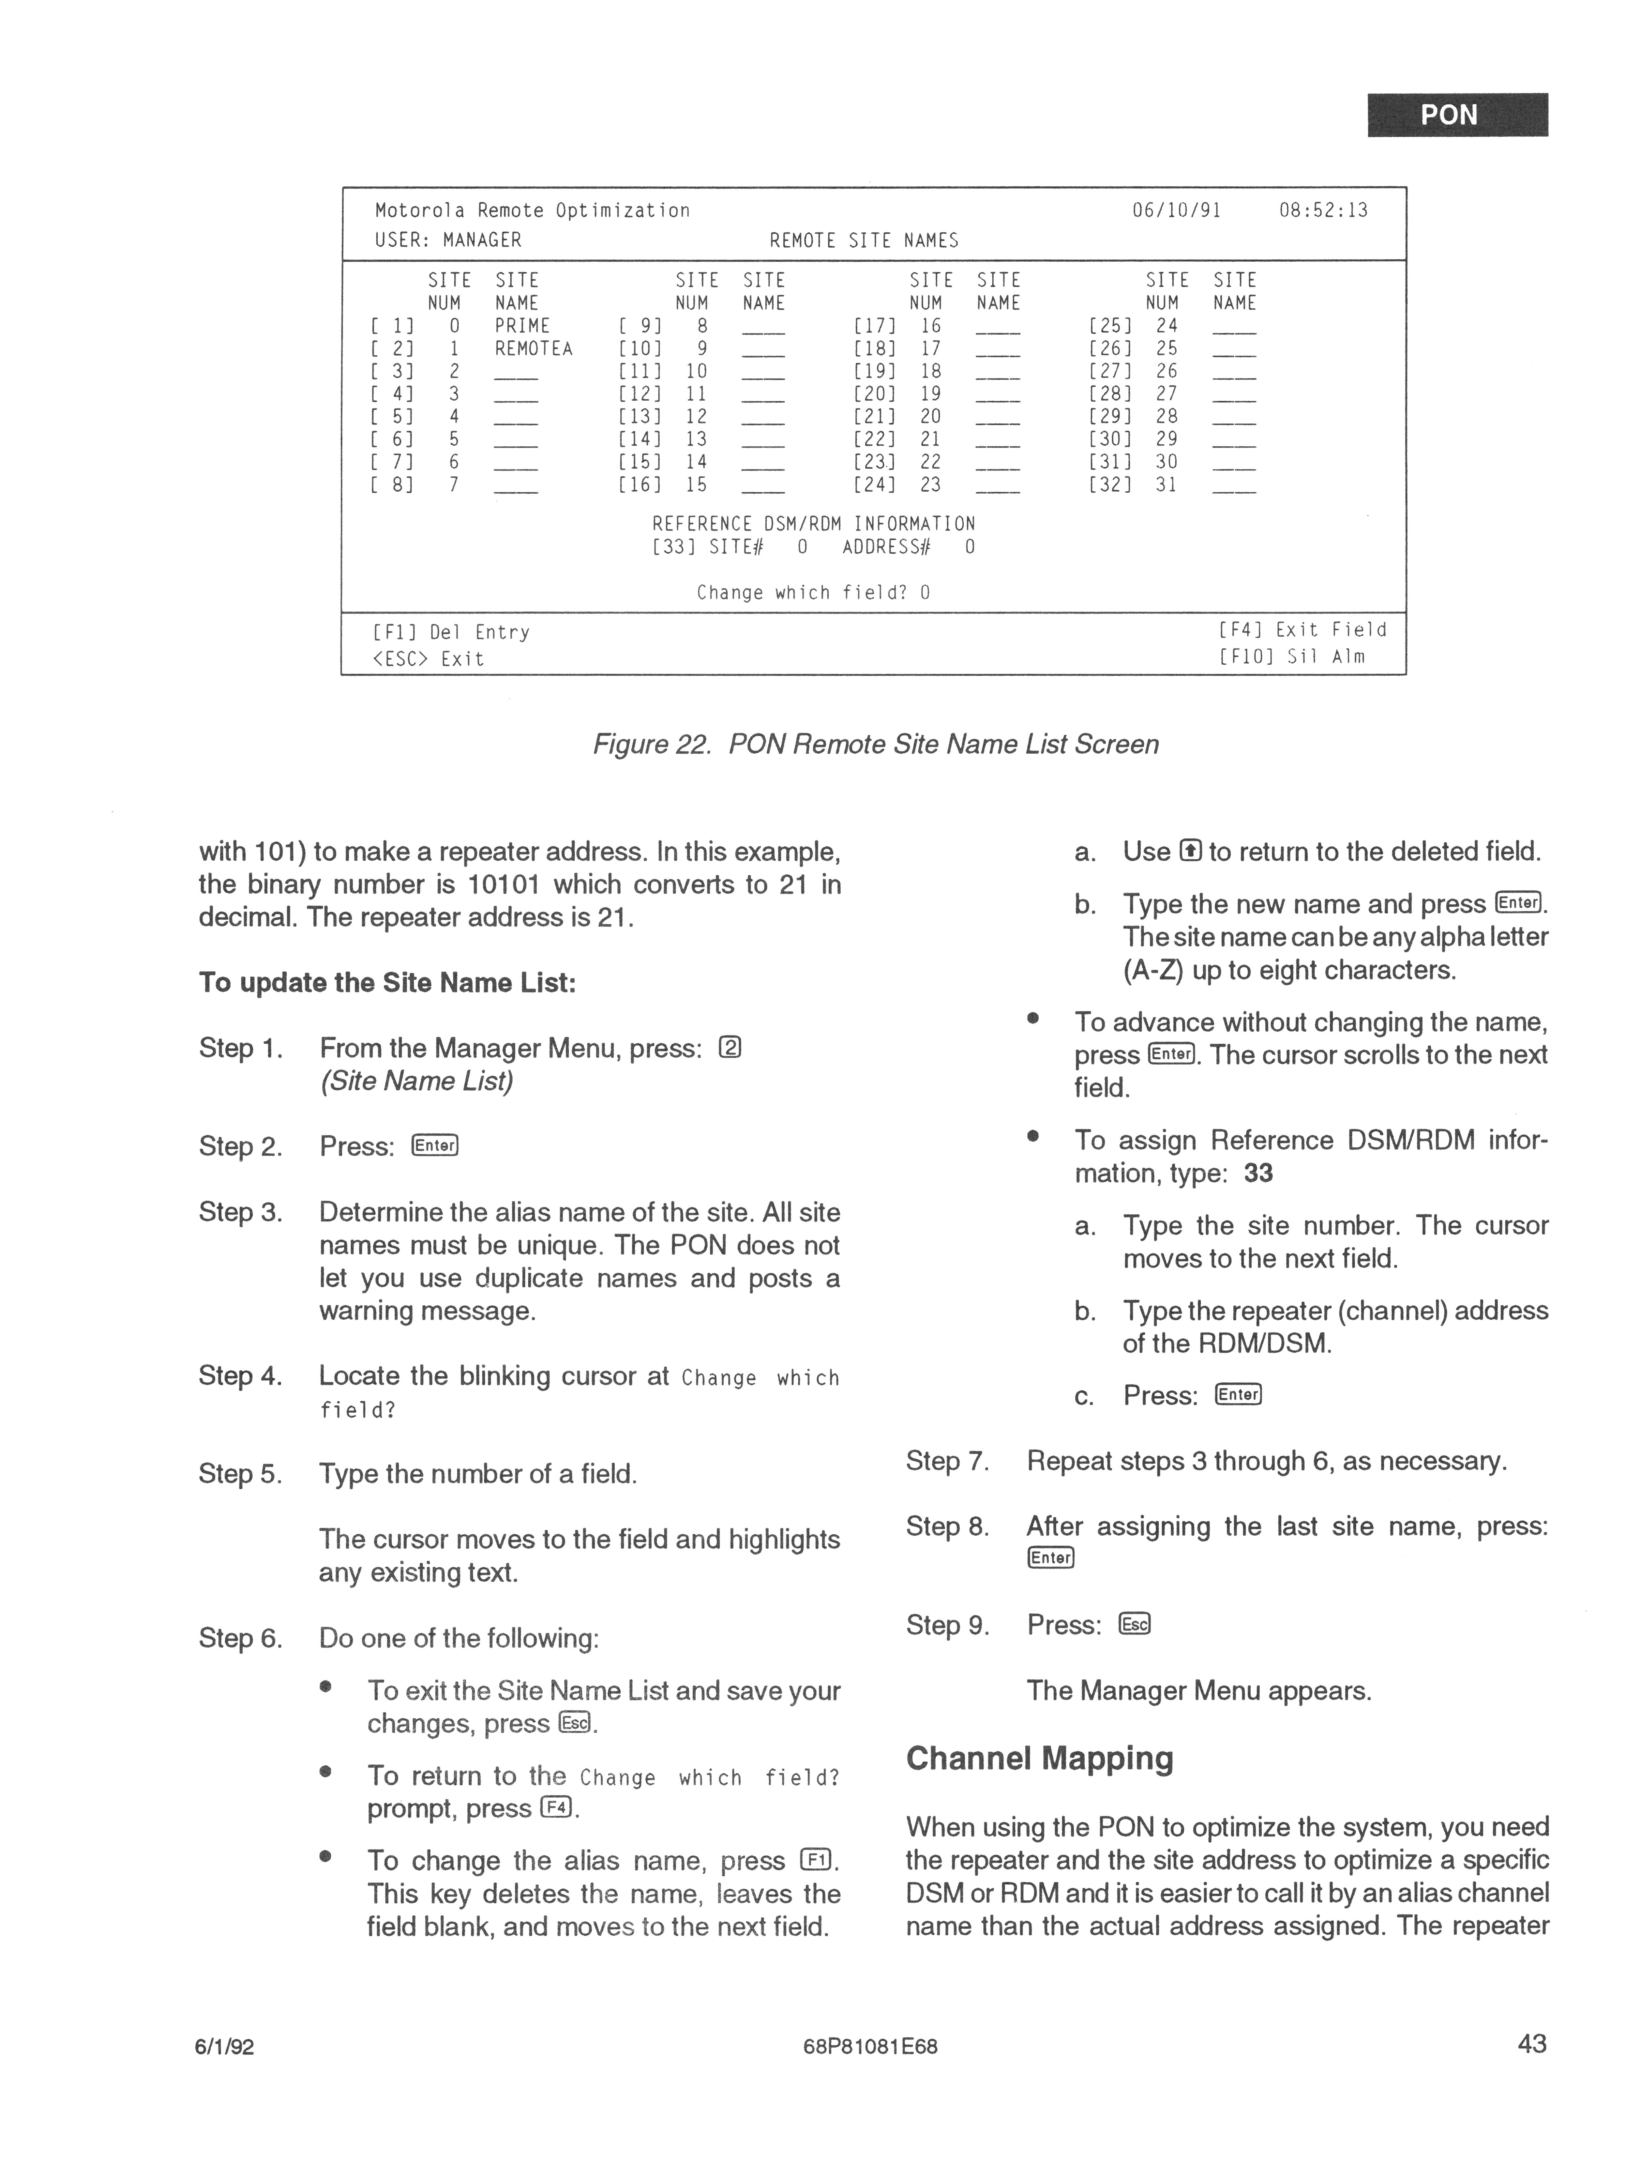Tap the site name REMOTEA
pyautogui.click(x=533, y=348)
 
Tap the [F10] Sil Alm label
pyautogui.click(x=1292, y=657)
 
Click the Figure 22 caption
pyautogui.click(x=876, y=745)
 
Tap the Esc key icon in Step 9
pyautogui.click(x=1135, y=1625)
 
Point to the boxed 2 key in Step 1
pyautogui.click(x=730, y=1048)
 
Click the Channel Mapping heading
pyautogui.click(x=1039, y=1759)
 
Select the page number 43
pyautogui.click(x=1531, y=2044)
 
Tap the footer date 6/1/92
pyautogui.click(x=226, y=2047)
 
